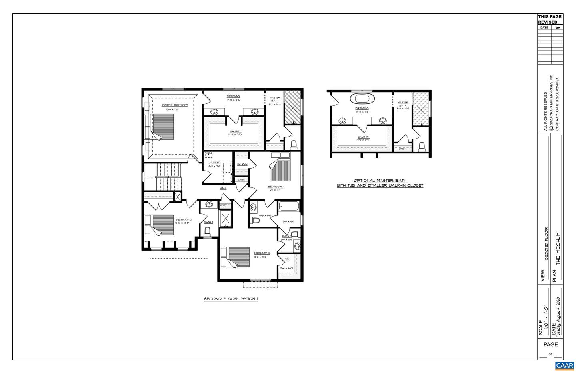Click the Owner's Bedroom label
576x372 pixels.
point(174,105)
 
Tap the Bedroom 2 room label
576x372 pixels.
point(183,219)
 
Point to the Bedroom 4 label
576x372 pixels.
point(276,187)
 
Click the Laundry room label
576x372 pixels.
point(215,163)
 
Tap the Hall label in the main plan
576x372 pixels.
point(223,188)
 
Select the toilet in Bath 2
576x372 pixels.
point(207,231)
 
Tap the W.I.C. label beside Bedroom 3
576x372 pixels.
point(287,259)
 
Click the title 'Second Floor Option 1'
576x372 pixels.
point(231,299)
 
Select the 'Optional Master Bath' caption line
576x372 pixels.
point(380,181)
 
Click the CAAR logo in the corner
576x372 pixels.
point(564,366)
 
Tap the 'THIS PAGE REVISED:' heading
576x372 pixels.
point(550,19)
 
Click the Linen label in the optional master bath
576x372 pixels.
point(402,149)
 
